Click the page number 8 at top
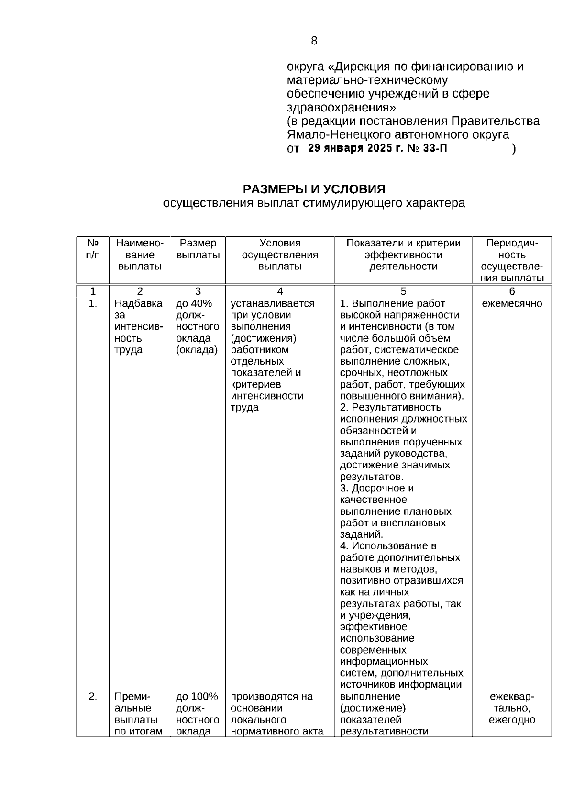tap(314, 41)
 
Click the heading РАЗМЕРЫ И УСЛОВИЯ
tap(314, 189)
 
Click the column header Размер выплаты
tap(198, 249)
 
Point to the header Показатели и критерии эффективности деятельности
tap(403, 255)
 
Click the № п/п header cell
tap(93, 249)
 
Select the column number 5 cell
tap(403, 291)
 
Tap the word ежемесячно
tap(512, 304)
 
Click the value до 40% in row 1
tap(194, 304)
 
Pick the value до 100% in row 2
tap(197, 697)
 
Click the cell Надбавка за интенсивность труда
tap(139, 326)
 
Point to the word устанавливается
tap(273, 304)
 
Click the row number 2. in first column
tap(93, 697)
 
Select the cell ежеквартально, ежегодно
tap(512, 708)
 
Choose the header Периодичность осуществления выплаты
tap(512, 261)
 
